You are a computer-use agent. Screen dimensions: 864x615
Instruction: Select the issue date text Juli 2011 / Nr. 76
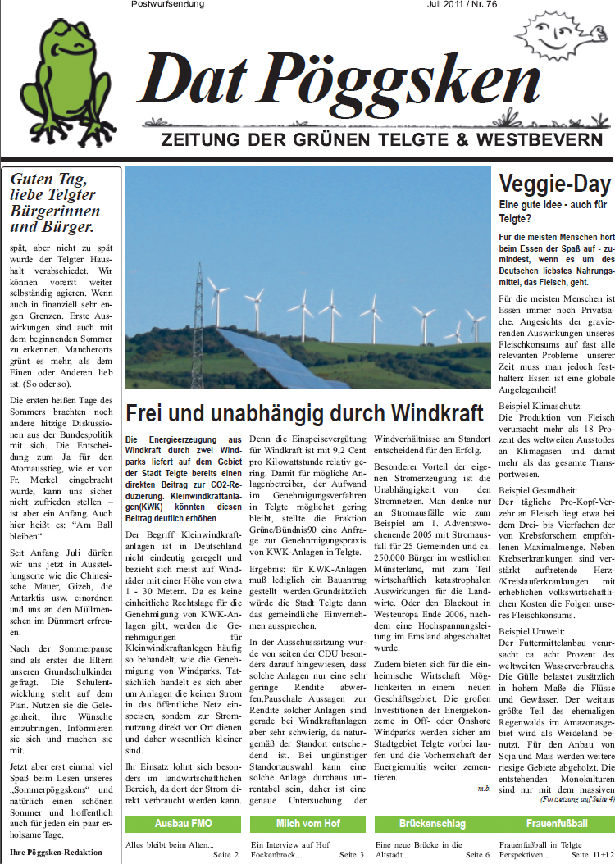462,5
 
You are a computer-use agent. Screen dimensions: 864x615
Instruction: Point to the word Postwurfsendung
168,5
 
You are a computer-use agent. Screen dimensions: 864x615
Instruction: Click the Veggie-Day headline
555,183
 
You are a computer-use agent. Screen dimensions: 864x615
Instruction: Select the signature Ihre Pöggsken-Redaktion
57,852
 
